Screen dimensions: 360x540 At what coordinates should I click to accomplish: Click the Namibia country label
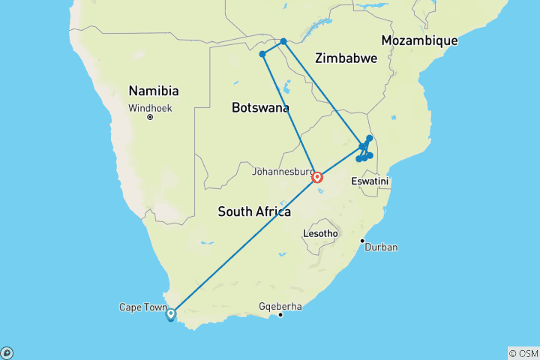click(153, 91)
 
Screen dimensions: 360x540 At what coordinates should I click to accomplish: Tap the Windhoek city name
click(150, 108)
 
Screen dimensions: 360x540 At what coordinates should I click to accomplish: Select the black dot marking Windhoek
click(150, 117)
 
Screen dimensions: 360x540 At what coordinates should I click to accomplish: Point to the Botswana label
click(260, 108)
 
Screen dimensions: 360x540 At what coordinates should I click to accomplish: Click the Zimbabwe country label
click(344, 58)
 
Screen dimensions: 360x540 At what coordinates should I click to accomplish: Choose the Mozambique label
click(419, 40)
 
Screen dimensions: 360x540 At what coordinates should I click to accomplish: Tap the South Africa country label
click(254, 211)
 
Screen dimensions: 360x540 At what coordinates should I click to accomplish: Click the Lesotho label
click(320, 233)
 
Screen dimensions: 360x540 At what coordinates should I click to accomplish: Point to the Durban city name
click(381, 247)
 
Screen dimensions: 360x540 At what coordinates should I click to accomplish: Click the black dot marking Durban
click(362, 241)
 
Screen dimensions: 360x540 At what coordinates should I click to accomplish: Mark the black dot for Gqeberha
click(280, 314)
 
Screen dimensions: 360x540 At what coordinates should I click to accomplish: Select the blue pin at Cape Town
click(171, 314)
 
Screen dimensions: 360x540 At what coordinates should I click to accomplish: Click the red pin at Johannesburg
click(318, 178)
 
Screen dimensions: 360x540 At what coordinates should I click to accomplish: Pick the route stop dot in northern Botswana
click(262, 54)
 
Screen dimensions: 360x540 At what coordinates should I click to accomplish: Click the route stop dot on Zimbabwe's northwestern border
click(283, 41)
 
